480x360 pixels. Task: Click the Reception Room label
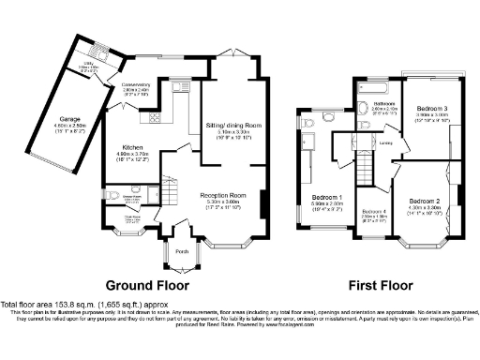(x=221, y=195)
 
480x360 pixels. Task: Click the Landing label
(x=384, y=142)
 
